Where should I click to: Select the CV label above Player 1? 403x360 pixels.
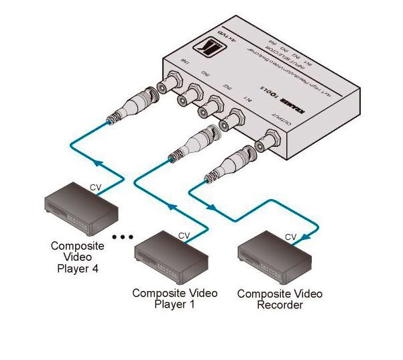point(183,235)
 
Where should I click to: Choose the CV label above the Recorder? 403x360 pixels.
point(290,237)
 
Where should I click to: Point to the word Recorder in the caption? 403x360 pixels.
point(280,306)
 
